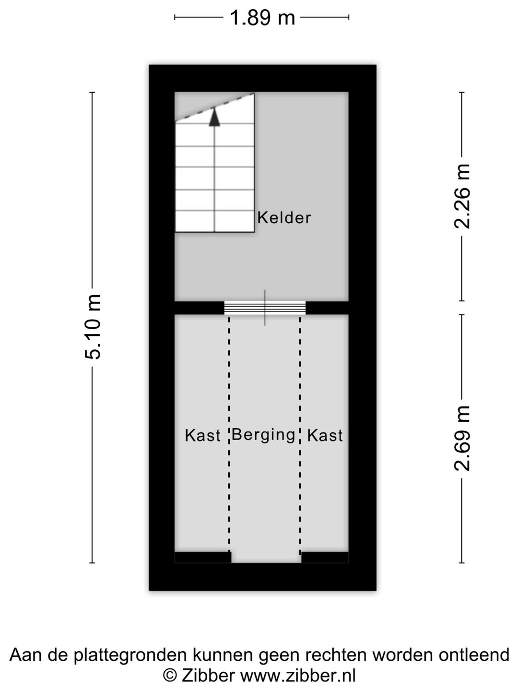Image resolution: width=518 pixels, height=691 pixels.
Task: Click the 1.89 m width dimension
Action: click(x=262, y=18)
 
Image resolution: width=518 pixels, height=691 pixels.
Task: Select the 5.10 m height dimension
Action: click(x=93, y=327)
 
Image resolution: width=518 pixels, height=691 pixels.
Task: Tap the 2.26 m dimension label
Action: click(x=462, y=196)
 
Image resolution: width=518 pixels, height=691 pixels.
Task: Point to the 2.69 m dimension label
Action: click(x=462, y=438)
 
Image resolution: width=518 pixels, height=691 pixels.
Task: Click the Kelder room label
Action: click(x=284, y=218)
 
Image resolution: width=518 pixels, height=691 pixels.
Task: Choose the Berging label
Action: click(x=263, y=435)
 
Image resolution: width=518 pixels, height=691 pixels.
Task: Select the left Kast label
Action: click(x=202, y=436)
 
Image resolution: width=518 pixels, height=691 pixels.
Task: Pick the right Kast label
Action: click(x=325, y=436)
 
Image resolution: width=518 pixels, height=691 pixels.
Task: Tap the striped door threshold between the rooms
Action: click(x=265, y=307)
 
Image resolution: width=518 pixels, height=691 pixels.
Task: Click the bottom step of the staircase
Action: click(x=214, y=222)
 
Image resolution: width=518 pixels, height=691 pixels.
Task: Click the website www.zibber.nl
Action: click(x=297, y=676)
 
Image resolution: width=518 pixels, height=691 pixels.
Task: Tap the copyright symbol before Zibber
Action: click(x=170, y=676)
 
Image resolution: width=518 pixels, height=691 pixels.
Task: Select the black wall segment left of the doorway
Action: click(x=200, y=308)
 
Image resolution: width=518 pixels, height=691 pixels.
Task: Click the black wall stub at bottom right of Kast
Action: click(x=325, y=557)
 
